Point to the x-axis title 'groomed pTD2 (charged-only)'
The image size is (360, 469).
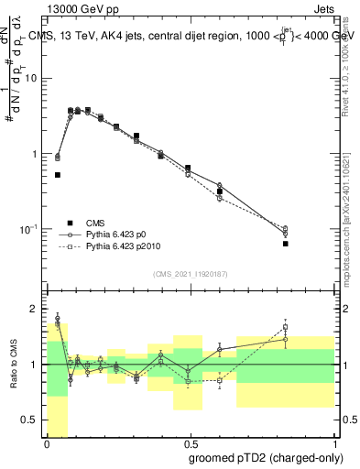(x=265, y=457)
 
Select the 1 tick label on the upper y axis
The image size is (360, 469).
(x=35, y=154)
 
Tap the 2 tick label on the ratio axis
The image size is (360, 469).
(x=35, y=309)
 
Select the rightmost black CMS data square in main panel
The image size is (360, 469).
(x=286, y=244)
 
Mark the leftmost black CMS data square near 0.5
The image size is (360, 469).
(x=58, y=174)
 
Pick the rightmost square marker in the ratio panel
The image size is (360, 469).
(x=286, y=326)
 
